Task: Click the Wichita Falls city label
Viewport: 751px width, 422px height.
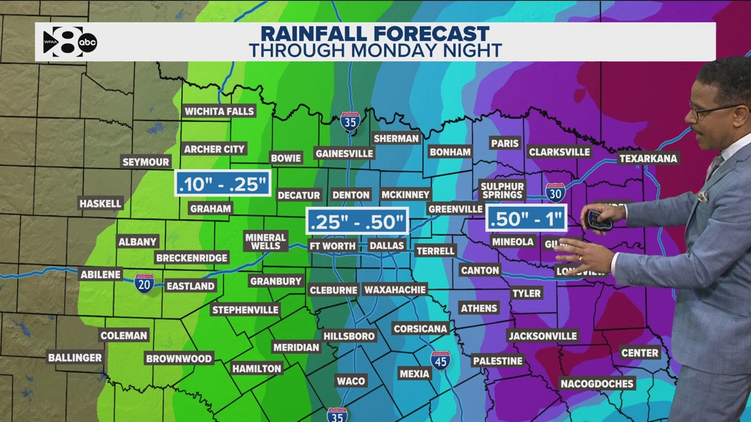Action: tap(219, 111)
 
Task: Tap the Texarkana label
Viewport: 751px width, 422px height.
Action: tap(648, 159)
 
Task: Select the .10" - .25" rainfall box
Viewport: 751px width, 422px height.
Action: tap(223, 184)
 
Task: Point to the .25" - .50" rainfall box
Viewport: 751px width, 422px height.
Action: tap(357, 221)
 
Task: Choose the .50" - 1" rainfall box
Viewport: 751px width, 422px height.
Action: tap(526, 219)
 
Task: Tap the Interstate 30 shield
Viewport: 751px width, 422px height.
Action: tap(555, 192)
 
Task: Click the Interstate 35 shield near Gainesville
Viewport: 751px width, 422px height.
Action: tap(350, 122)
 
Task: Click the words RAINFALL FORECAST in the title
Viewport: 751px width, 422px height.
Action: tap(375, 34)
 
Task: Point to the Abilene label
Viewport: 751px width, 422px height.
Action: tap(101, 275)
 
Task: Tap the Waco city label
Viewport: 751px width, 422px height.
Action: tap(350, 381)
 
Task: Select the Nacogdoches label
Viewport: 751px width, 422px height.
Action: tap(597, 383)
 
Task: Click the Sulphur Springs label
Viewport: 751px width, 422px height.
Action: tap(501, 190)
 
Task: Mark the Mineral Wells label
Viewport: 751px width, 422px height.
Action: tap(265, 241)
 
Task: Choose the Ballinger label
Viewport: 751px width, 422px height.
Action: tap(74, 358)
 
